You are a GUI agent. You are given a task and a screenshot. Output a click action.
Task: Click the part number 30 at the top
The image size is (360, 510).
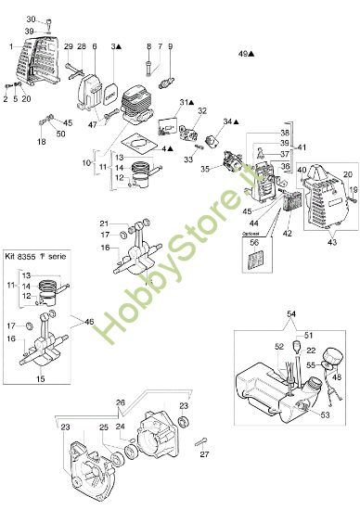(29, 19)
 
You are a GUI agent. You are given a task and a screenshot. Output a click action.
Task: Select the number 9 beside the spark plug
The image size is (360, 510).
(170, 45)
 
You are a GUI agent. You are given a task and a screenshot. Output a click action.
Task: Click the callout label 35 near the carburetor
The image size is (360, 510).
(206, 172)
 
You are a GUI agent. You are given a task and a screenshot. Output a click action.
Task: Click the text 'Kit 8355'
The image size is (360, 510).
(21, 256)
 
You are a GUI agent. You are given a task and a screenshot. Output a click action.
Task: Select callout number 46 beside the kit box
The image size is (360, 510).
(89, 322)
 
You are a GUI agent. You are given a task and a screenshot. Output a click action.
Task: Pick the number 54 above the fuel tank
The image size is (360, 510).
(291, 316)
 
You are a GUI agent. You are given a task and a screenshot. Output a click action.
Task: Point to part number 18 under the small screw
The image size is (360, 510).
(41, 142)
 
